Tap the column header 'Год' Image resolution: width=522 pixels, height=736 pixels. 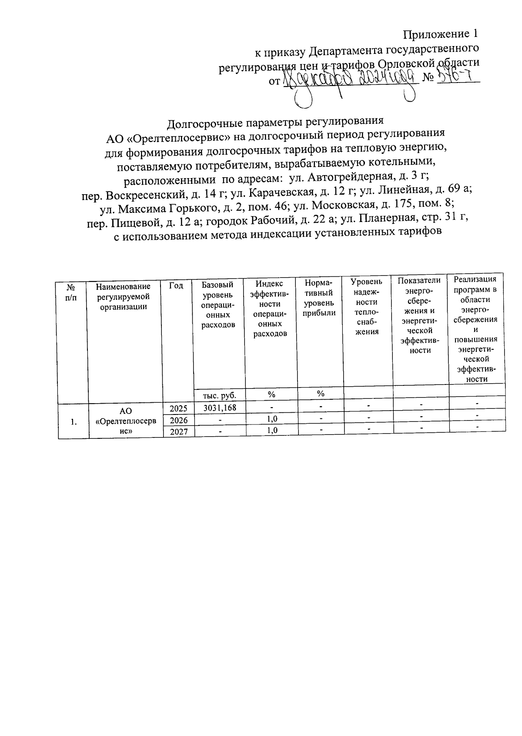click(x=176, y=285)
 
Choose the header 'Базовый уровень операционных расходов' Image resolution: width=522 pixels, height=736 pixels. click(x=218, y=304)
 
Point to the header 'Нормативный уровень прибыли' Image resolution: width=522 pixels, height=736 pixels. click(x=320, y=298)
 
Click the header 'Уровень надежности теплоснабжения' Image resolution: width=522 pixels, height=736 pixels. click(x=366, y=306)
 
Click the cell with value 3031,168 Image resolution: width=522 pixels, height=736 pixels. click(x=220, y=408)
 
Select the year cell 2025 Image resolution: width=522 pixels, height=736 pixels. click(x=178, y=408)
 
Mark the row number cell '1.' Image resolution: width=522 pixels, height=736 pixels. click(x=74, y=421)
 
